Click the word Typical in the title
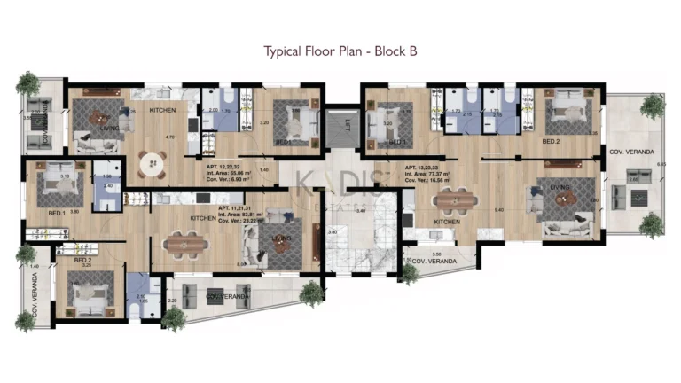point(284,51)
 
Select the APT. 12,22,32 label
point(224,166)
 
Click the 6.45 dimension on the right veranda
point(661,164)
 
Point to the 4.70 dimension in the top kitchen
point(169,137)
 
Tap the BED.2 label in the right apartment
point(551,141)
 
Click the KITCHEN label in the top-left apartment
point(161,110)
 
